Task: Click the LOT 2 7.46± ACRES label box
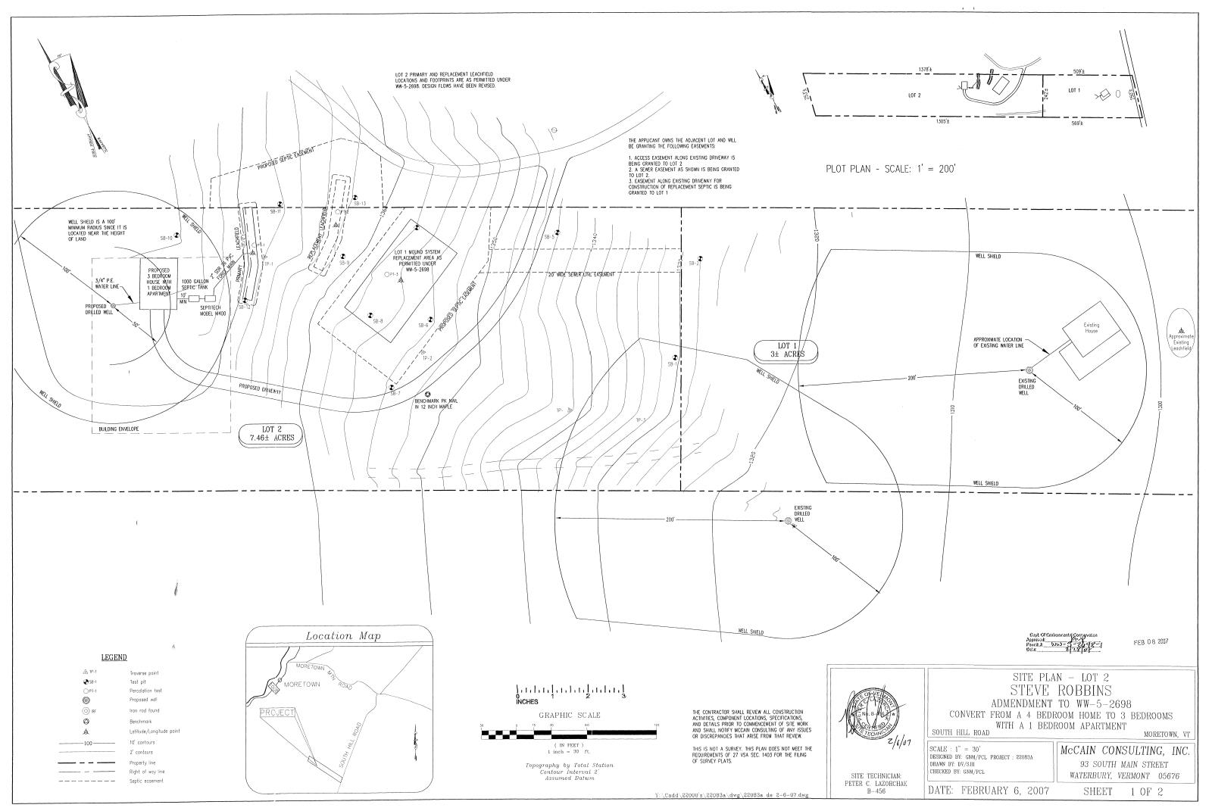[x=271, y=433]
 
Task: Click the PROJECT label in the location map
[x=276, y=713]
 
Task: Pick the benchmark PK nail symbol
[x=428, y=394]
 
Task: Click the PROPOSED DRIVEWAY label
[x=260, y=390]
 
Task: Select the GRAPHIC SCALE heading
[x=569, y=715]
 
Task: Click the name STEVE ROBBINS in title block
[x=1060, y=691]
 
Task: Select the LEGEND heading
[x=114, y=657]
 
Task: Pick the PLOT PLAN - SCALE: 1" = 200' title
[x=891, y=168]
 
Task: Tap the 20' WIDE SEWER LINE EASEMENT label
[x=581, y=274]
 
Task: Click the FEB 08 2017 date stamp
[x=1151, y=641]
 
